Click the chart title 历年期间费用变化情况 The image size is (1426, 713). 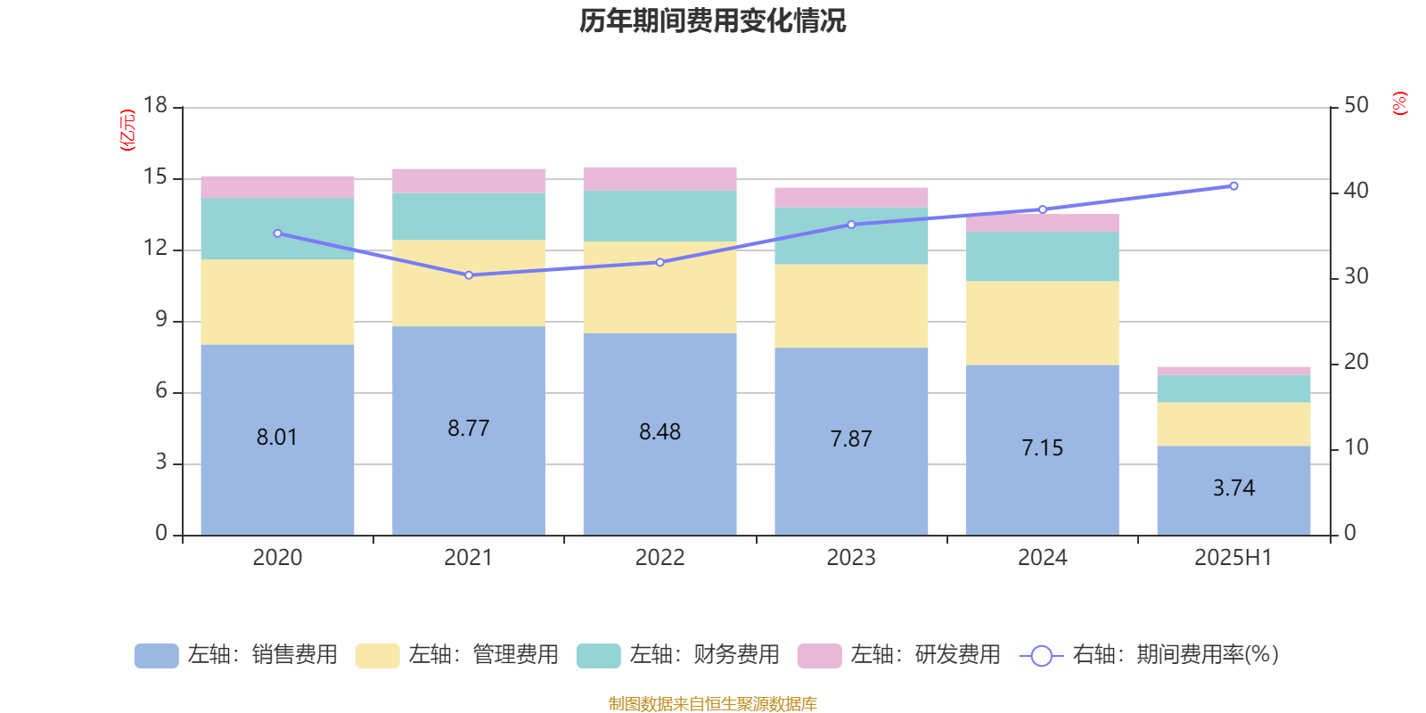click(712, 21)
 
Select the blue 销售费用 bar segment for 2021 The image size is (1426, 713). click(469, 472)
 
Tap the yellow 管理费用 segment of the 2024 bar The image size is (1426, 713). click(1043, 323)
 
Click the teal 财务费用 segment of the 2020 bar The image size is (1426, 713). click(277, 228)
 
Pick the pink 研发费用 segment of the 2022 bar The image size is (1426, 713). click(660, 178)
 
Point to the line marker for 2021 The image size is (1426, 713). click(469, 275)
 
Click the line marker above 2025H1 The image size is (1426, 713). click(1233, 186)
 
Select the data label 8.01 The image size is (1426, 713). click(277, 438)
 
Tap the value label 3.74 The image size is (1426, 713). click(1233, 488)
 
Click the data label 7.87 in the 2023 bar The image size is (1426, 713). click(851, 439)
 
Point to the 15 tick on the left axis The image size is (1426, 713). click(155, 178)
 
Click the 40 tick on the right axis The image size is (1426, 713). click(1356, 191)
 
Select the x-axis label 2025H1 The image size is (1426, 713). click(1233, 558)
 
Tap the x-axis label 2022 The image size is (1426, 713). click(660, 558)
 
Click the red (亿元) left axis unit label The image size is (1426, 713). click(127, 130)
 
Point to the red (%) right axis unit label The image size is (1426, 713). click(1399, 103)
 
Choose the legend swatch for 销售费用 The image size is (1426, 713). click(156, 656)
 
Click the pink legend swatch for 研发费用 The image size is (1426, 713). click(819, 656)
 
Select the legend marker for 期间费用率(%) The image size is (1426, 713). click(1041, 656)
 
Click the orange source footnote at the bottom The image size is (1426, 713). click(712, 704)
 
